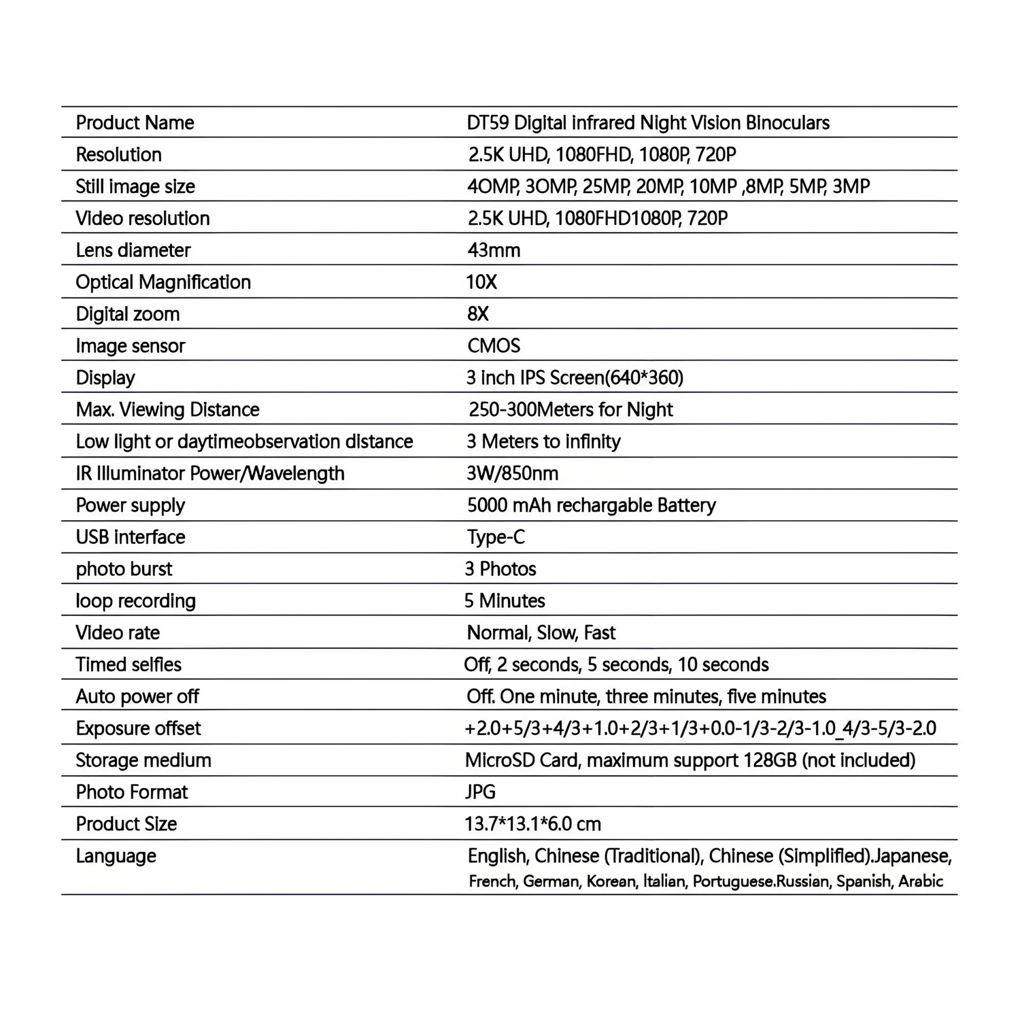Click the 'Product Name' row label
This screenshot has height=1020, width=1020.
click(x=135, y=123)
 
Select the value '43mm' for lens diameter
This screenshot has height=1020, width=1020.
click(x=494, y=250)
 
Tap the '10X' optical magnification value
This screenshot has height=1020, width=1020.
click(x=481, y=282)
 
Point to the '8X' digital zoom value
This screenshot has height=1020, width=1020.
click(x=478, y=314)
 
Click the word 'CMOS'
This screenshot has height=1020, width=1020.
click(x=494, y=346)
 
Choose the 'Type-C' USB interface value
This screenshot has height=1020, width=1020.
click(x=496, y=537)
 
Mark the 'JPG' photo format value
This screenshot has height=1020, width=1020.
click(x=480, y=792)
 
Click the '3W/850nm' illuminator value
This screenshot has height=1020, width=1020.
click(x=512, y=473)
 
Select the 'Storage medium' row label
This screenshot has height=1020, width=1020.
click(x=143, y=760)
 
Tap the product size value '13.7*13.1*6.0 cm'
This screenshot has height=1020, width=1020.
click(x=532, y=824)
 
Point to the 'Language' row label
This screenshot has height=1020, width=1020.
click(x=116, y=856)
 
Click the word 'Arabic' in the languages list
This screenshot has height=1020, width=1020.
click(x=921, y=882)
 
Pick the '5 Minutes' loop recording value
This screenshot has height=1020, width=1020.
click(x=505, y=601)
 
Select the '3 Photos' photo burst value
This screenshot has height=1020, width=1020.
click(x=500, y=569)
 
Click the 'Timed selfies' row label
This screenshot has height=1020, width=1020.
click(x=129, y=665)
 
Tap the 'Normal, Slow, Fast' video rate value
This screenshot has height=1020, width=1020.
click(x=541, y=633)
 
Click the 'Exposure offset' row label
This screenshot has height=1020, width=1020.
click(x=138, y=729)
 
